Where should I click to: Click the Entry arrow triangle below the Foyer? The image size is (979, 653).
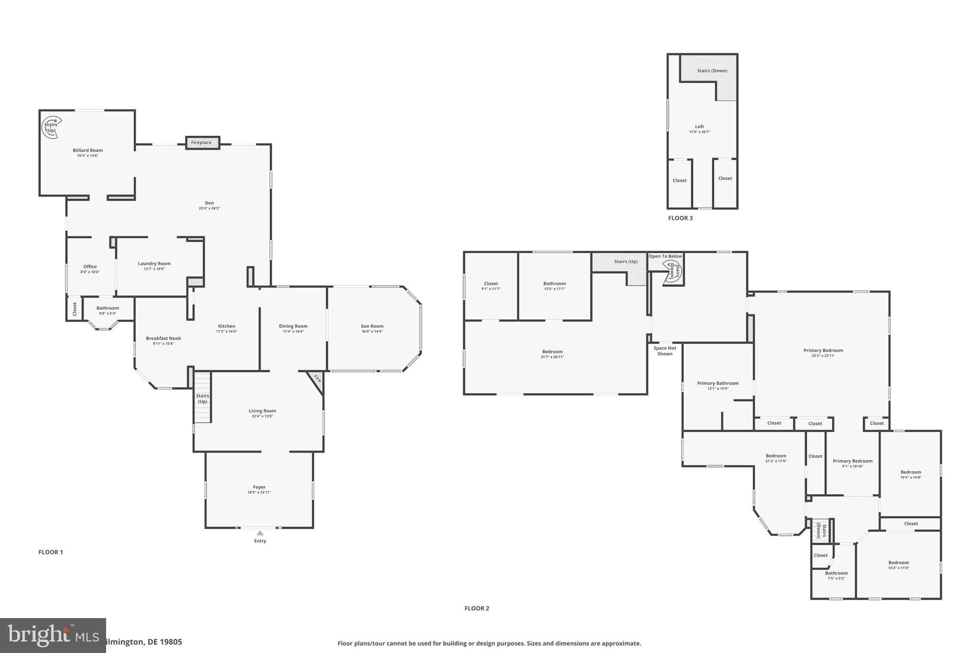pos(260,533)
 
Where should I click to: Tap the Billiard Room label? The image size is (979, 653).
pos(88,150)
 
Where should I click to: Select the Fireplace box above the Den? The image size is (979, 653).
pos(202,143)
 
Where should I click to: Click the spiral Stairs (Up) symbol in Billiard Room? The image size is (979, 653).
pos(51,127)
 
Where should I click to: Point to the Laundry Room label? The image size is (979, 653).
pos(154,264)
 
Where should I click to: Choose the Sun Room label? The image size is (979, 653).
pos(372,326)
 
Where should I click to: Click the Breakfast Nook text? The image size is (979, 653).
pos(163,338)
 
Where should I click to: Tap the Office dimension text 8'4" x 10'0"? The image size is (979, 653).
pos(90,272)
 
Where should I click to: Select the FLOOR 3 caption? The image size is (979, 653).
pos(680,218)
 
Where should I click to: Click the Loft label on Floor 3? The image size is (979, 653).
pos(699,127)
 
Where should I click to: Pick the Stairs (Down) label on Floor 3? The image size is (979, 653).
pos(712,71)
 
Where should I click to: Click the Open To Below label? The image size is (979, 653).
pos(665,256)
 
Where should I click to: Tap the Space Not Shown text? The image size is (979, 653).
pos(665,351)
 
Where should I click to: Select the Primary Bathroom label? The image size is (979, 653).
pos(718,383)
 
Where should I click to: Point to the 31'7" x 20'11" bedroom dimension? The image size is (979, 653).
pos(552,357)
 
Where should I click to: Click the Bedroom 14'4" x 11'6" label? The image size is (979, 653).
pos(898,563)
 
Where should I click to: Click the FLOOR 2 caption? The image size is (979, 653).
pos(477,609)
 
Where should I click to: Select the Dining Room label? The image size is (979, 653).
pos(293,326)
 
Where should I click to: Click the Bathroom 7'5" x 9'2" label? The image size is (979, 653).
pos(836,573)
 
